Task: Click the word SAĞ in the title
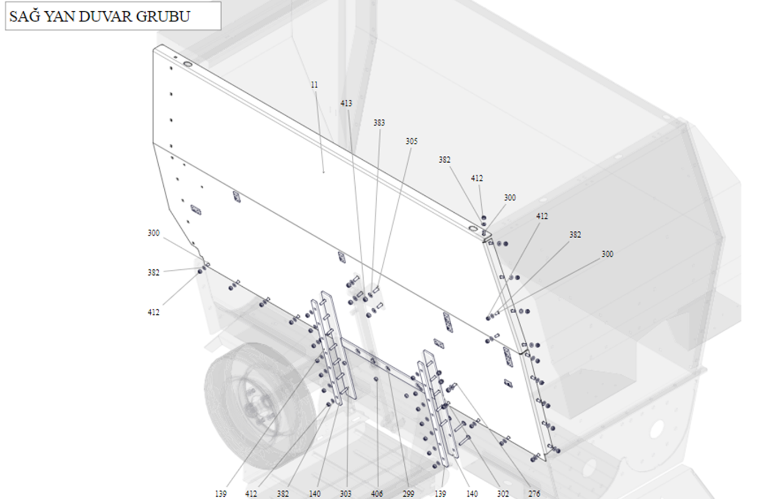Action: pos(25,16)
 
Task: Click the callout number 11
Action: pos(315,85)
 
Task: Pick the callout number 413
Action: pos(346,103)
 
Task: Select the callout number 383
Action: pos(380,122)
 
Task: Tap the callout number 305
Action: pos(412,141)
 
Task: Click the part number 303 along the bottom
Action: pos(346,494)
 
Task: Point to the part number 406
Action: pos(377,494)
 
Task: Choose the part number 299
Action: pos(408,494)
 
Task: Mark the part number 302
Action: pos(503,494)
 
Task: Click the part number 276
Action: pos(534,494)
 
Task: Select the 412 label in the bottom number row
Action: pos(252,494)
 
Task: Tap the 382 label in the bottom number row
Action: pos(283,494)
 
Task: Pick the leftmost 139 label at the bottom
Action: pos(221,494)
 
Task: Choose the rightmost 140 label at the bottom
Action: pos(472,494)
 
